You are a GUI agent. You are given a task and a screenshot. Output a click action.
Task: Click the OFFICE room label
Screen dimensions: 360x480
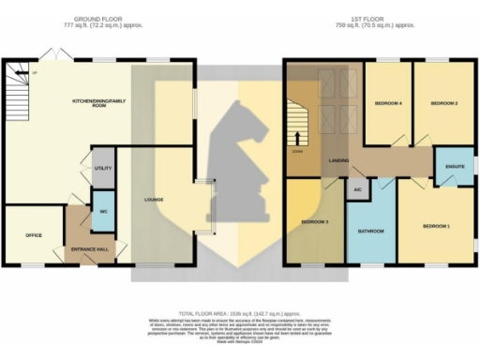coord(34,234)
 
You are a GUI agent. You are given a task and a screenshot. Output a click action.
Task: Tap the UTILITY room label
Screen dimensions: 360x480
coord(102,168)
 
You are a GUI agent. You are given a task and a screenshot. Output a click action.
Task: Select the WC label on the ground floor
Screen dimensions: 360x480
coord(104,211)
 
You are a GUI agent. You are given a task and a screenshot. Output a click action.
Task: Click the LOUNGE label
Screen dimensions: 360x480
coord(155,200)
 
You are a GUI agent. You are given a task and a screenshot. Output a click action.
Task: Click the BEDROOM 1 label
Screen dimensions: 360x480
coord(435,227)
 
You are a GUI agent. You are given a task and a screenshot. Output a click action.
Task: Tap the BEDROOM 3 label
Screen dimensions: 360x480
coord(314,221)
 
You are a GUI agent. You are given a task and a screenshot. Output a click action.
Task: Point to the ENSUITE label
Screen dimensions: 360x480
coord(456,167)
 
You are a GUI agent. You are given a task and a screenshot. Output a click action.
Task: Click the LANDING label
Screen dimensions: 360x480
coord(339,160)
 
